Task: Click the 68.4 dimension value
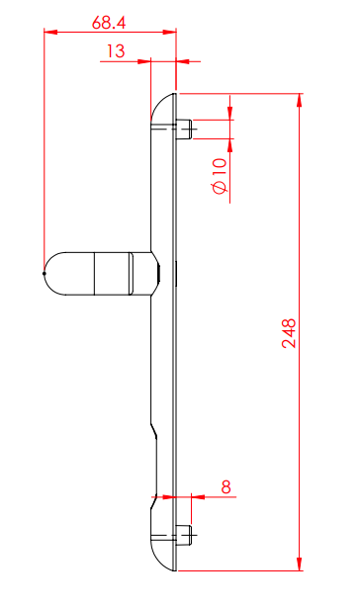[x=110, y=19]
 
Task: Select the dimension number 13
[x=116, y=49]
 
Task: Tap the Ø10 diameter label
[x=220, y=174]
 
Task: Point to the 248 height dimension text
[x=288, y=333]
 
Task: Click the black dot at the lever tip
[x=45, y=273]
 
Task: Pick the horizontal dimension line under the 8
[x=203, y=494]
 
